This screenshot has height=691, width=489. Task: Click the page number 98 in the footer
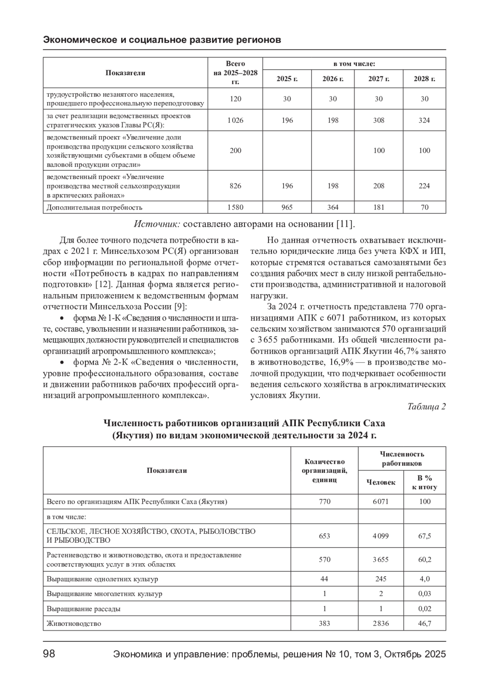[49, 654]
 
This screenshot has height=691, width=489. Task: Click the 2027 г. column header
[379, 79]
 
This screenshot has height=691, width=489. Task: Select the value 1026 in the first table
[236, 120]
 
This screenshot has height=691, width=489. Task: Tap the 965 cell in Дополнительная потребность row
[287, 207]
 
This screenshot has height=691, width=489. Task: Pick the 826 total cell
[236, 186]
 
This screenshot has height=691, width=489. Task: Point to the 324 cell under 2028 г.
[424, 120]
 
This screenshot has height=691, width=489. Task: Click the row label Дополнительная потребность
[95, 207]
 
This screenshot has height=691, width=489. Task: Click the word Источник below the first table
[157, 224]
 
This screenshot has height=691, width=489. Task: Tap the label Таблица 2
[427, 407]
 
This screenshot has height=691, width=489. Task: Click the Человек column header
[381, 482]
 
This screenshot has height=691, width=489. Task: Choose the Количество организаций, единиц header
[324, 470]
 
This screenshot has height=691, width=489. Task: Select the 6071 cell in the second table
[381, 501]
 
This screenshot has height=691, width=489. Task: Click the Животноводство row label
[74, 623]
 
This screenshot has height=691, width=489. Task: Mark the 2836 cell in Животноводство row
[381, 623]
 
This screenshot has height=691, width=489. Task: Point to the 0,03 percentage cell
[425, 594]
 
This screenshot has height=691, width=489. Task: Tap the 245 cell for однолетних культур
[381, 579]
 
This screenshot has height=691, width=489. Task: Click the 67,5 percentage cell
[425, 536]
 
